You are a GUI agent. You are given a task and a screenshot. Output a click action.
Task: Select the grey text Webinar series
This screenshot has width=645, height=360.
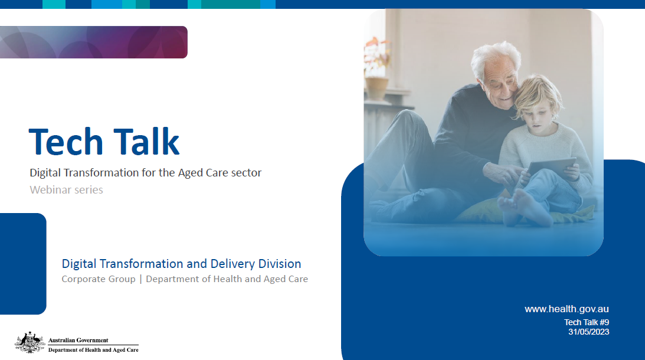(x=66, y=190)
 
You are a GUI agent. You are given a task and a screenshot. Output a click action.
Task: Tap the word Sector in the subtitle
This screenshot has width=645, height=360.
(x=245, y=174)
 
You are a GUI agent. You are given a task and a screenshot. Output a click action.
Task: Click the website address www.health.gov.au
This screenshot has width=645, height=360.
(x=567, y=309)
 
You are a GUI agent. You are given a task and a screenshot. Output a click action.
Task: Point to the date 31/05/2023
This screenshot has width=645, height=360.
(x=588, y=332)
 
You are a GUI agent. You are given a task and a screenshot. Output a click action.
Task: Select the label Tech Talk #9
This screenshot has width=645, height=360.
(x=587, y=322)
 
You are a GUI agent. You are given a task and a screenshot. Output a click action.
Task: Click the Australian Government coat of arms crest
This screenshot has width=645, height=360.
(x=30, y=342)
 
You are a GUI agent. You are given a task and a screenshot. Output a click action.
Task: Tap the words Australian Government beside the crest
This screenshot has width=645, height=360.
(x=78, y=341)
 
